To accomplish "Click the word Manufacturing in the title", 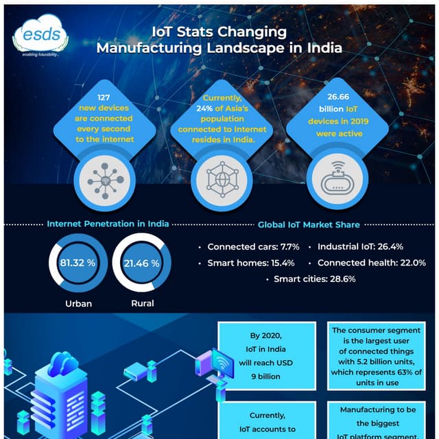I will coord(146,49).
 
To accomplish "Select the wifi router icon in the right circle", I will coord(335,176).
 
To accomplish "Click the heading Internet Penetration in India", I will coord(108,224).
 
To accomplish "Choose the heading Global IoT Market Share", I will coord(309,224).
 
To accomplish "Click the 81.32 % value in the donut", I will coord(78,263).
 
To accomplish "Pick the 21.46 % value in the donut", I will coord(141,263).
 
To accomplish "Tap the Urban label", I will coord(78,302).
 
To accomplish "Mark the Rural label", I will coord(142,302).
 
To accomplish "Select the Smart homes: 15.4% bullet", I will coord(250,263).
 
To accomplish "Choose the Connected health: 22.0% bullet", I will coord(371,263).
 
